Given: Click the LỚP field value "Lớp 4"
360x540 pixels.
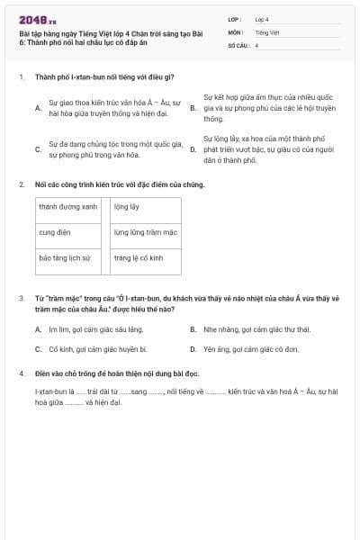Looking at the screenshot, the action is pyautogui.click(x=262, y=19).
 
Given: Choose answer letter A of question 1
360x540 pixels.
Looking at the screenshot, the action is pyautogui.click(x=38, y=108).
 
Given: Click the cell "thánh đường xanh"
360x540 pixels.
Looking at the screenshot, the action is pyautogui.click(x=68, y=206).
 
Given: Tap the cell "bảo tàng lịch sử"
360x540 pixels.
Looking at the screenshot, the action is pyautogui.click(x=65, y=257).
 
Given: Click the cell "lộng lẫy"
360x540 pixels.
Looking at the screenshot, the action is pyautogui.click(x=127, y=206).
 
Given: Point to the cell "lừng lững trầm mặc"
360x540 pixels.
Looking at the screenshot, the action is pyautogui.click(x=145, y=231).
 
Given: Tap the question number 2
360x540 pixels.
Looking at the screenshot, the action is pyautogui.click(x=22, y=184).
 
